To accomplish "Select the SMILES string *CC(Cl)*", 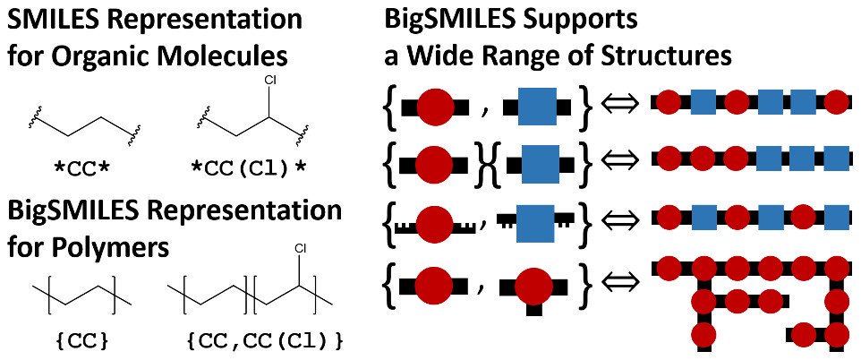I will click(247, 167).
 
